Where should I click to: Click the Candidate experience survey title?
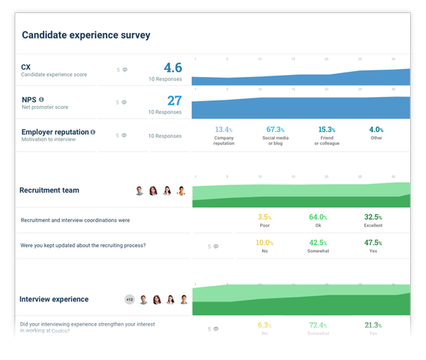pyautogui.click(x=86, y=35)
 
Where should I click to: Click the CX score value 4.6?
pyautogui.click(x=172, y=68)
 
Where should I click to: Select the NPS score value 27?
pyautogui.click(x=174, y=101)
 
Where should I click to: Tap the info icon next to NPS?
pyautogui.click(x=41, y=99)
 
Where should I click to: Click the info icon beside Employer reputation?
pyautogui.click(x=93, y=132)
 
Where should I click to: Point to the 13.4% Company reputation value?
pyautogui.click(x=223, y=130)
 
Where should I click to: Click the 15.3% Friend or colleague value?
pyautogui.click(x=326, y=130)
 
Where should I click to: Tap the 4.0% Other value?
pyautogui.click(x=376, y=130)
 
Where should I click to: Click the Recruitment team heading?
pyautogui.click(x=49, y=190)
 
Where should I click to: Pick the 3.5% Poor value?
pyautogui.click(x=264, y=217)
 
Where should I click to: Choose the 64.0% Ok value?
pyautogui.click(x=318, y=217)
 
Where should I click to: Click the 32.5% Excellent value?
pyautogui.click(x=373, y=217)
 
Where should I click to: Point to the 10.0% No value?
pyautogui.click(x=264, y=242)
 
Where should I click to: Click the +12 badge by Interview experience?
pyautogui.click(x=129, y=299)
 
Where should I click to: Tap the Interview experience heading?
pyautogui.click(x=54, y=299)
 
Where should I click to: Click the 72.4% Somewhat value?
pyautogui.click(x=318, y=325)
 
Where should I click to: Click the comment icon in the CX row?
pyautogui.click(x=125, y=70)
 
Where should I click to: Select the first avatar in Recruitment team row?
pyautogui.click(x=139, y=191)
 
